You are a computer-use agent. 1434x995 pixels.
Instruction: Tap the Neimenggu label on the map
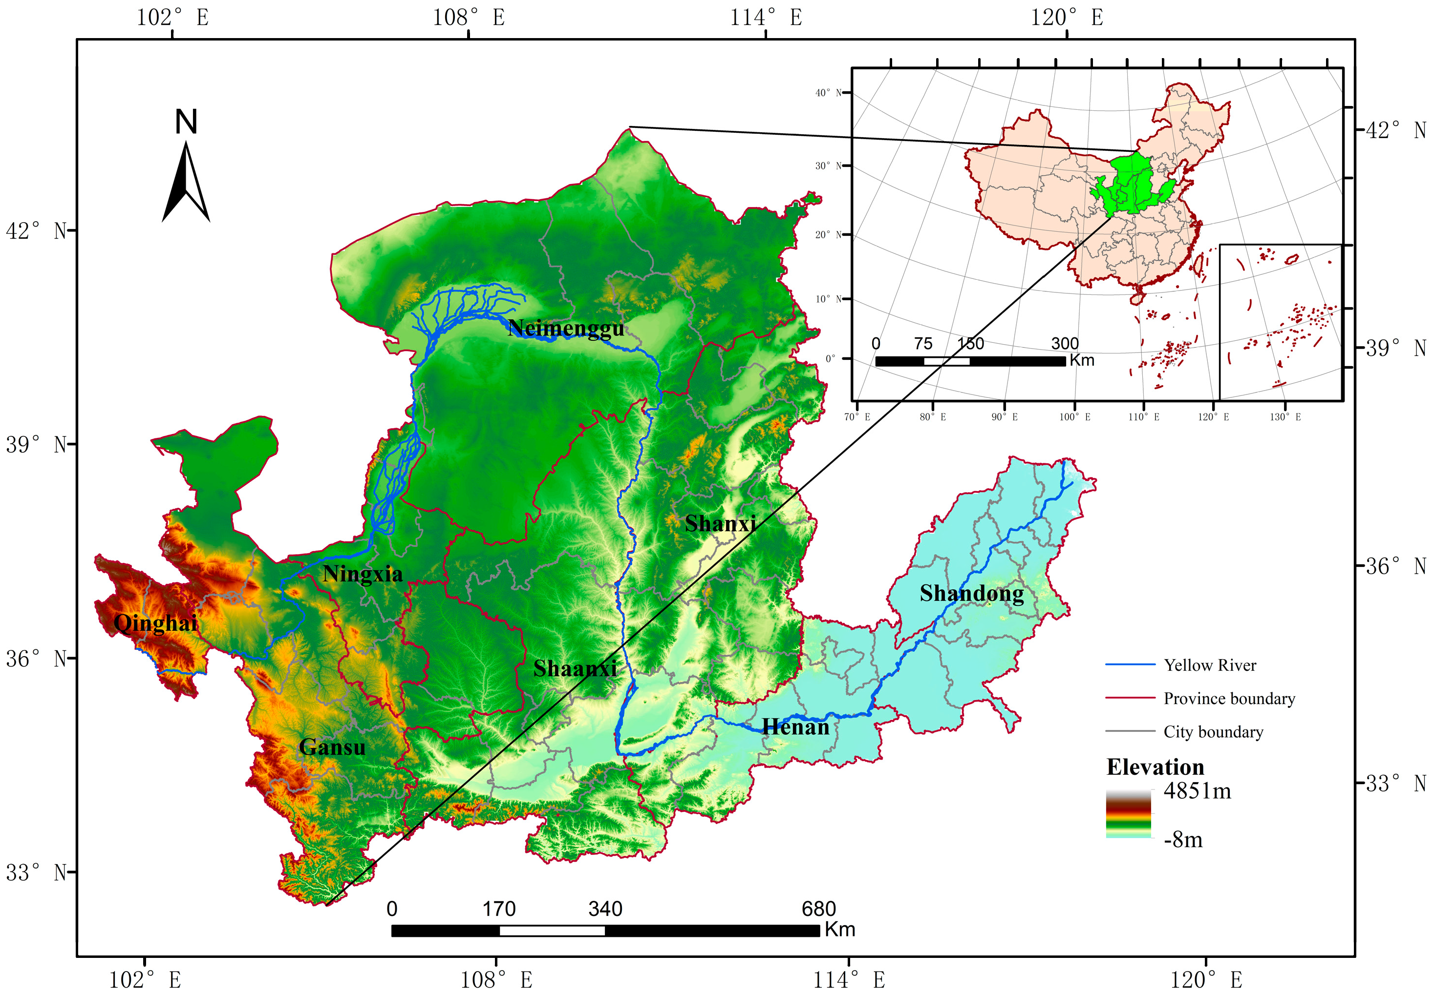click(565, 328)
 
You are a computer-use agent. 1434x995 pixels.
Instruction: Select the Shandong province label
click(971, 594)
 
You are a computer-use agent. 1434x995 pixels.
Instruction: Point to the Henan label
click(795, 727)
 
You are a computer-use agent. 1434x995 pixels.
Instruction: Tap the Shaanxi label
click(575, 669)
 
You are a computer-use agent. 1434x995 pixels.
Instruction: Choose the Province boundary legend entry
click(1228, 698)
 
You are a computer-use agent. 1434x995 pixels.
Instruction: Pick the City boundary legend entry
click(1213, 732)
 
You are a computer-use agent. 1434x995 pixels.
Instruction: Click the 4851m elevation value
click(1197, 791)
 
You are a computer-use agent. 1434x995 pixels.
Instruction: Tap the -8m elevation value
click(1183, 840)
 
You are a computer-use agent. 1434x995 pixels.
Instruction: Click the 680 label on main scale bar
click(818, 909)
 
